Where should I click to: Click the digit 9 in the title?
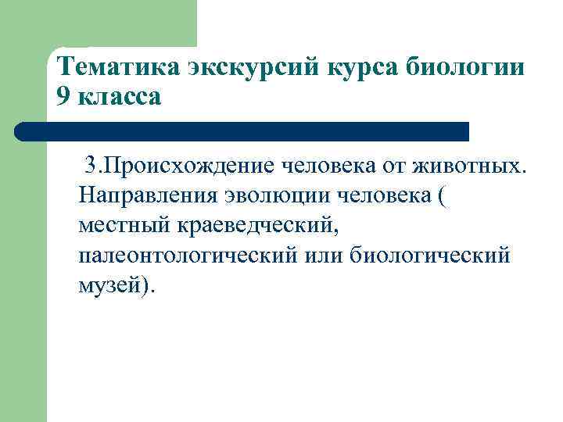pyautogui.click(x=64, y=98)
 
